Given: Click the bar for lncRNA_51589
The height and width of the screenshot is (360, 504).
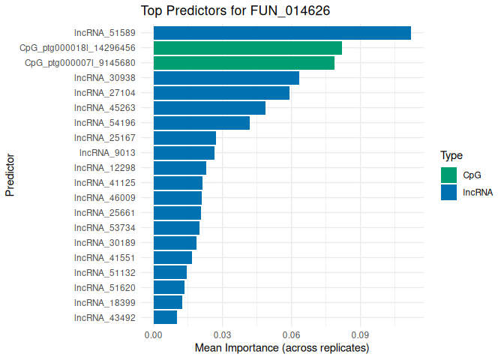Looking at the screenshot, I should (x=282, y=33).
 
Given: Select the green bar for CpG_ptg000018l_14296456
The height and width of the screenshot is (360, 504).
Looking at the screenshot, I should (x=247, y=48).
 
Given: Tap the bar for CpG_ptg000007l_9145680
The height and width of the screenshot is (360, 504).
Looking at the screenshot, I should (x=244, y=63).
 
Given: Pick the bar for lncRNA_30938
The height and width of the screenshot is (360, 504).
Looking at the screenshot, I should (x=226, y=78).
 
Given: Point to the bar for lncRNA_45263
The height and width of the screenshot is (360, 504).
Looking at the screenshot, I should (x=209, y=108).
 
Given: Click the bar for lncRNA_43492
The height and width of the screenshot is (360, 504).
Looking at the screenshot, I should (x=165, y=317).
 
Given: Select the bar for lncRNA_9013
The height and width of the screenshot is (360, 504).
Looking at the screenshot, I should (x=184, y=153).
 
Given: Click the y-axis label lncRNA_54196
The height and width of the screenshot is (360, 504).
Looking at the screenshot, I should (x=105, y=123).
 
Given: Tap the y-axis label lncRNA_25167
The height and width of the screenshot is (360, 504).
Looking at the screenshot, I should (x=105, y=138).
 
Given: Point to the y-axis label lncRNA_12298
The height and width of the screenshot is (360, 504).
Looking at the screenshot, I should (x=105, y=168).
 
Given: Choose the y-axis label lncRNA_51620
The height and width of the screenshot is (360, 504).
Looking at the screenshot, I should (x=105, y=287).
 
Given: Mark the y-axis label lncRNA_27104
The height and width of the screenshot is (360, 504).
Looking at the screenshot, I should (x=105, y=93).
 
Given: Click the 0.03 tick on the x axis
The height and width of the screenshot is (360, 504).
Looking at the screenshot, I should (x=222, y=335).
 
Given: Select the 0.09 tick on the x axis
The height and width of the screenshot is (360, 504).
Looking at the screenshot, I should (x=360, y=335).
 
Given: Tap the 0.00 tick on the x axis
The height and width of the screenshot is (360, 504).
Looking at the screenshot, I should (x=153, y=335).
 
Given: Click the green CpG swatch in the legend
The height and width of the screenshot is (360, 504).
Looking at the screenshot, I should (x=449, y=175).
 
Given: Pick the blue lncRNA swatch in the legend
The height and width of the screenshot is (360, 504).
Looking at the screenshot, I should (x=449, y=193).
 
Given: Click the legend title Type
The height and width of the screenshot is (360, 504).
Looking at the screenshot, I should (x=451, y=156).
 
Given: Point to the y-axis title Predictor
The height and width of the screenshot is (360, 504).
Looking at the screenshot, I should (x=10, y=175).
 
